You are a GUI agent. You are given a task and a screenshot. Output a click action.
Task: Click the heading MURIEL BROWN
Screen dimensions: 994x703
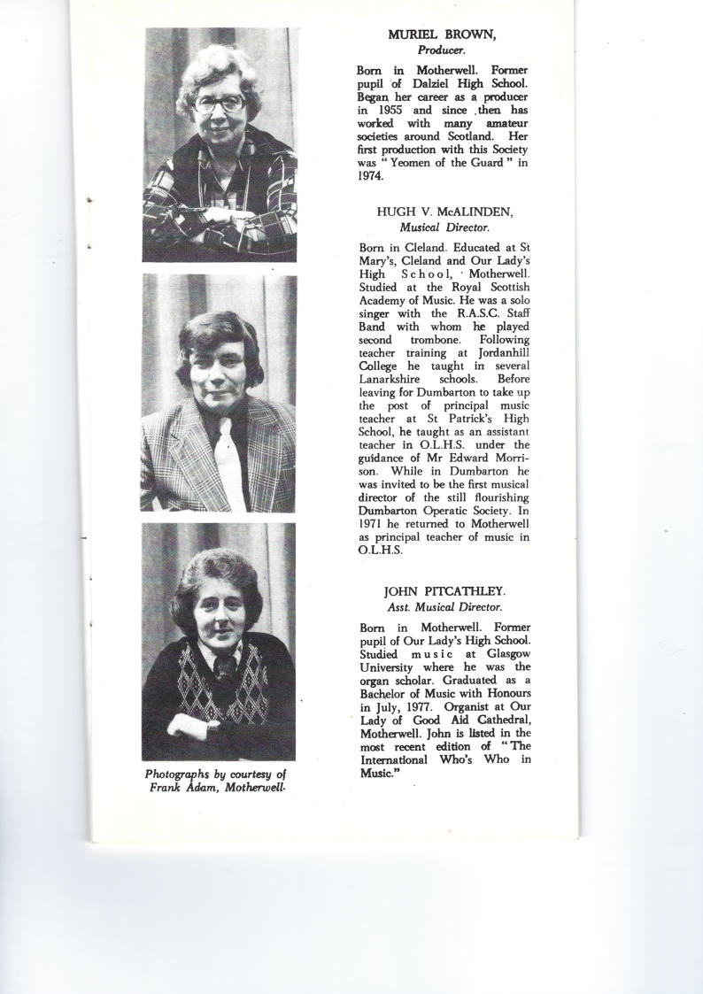coord(442,35)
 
